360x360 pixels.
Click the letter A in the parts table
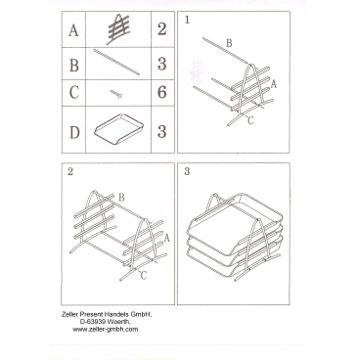73,30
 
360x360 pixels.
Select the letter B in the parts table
74,65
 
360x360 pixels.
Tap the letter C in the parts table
74,92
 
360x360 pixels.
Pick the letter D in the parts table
74,132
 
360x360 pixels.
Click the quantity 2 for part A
162,29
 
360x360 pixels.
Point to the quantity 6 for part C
162,92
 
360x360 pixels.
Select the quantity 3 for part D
162,131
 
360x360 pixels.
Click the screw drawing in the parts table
116,94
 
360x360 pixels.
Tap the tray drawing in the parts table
118,128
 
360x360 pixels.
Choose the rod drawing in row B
116,62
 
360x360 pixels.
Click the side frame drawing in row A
118,28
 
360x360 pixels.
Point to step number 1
187,20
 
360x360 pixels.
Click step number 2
70,171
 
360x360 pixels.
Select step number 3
187,171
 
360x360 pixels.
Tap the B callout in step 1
229,43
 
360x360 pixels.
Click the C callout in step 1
250,120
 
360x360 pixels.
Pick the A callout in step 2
167,238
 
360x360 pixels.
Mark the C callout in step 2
144,276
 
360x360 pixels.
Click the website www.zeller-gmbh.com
106,329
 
